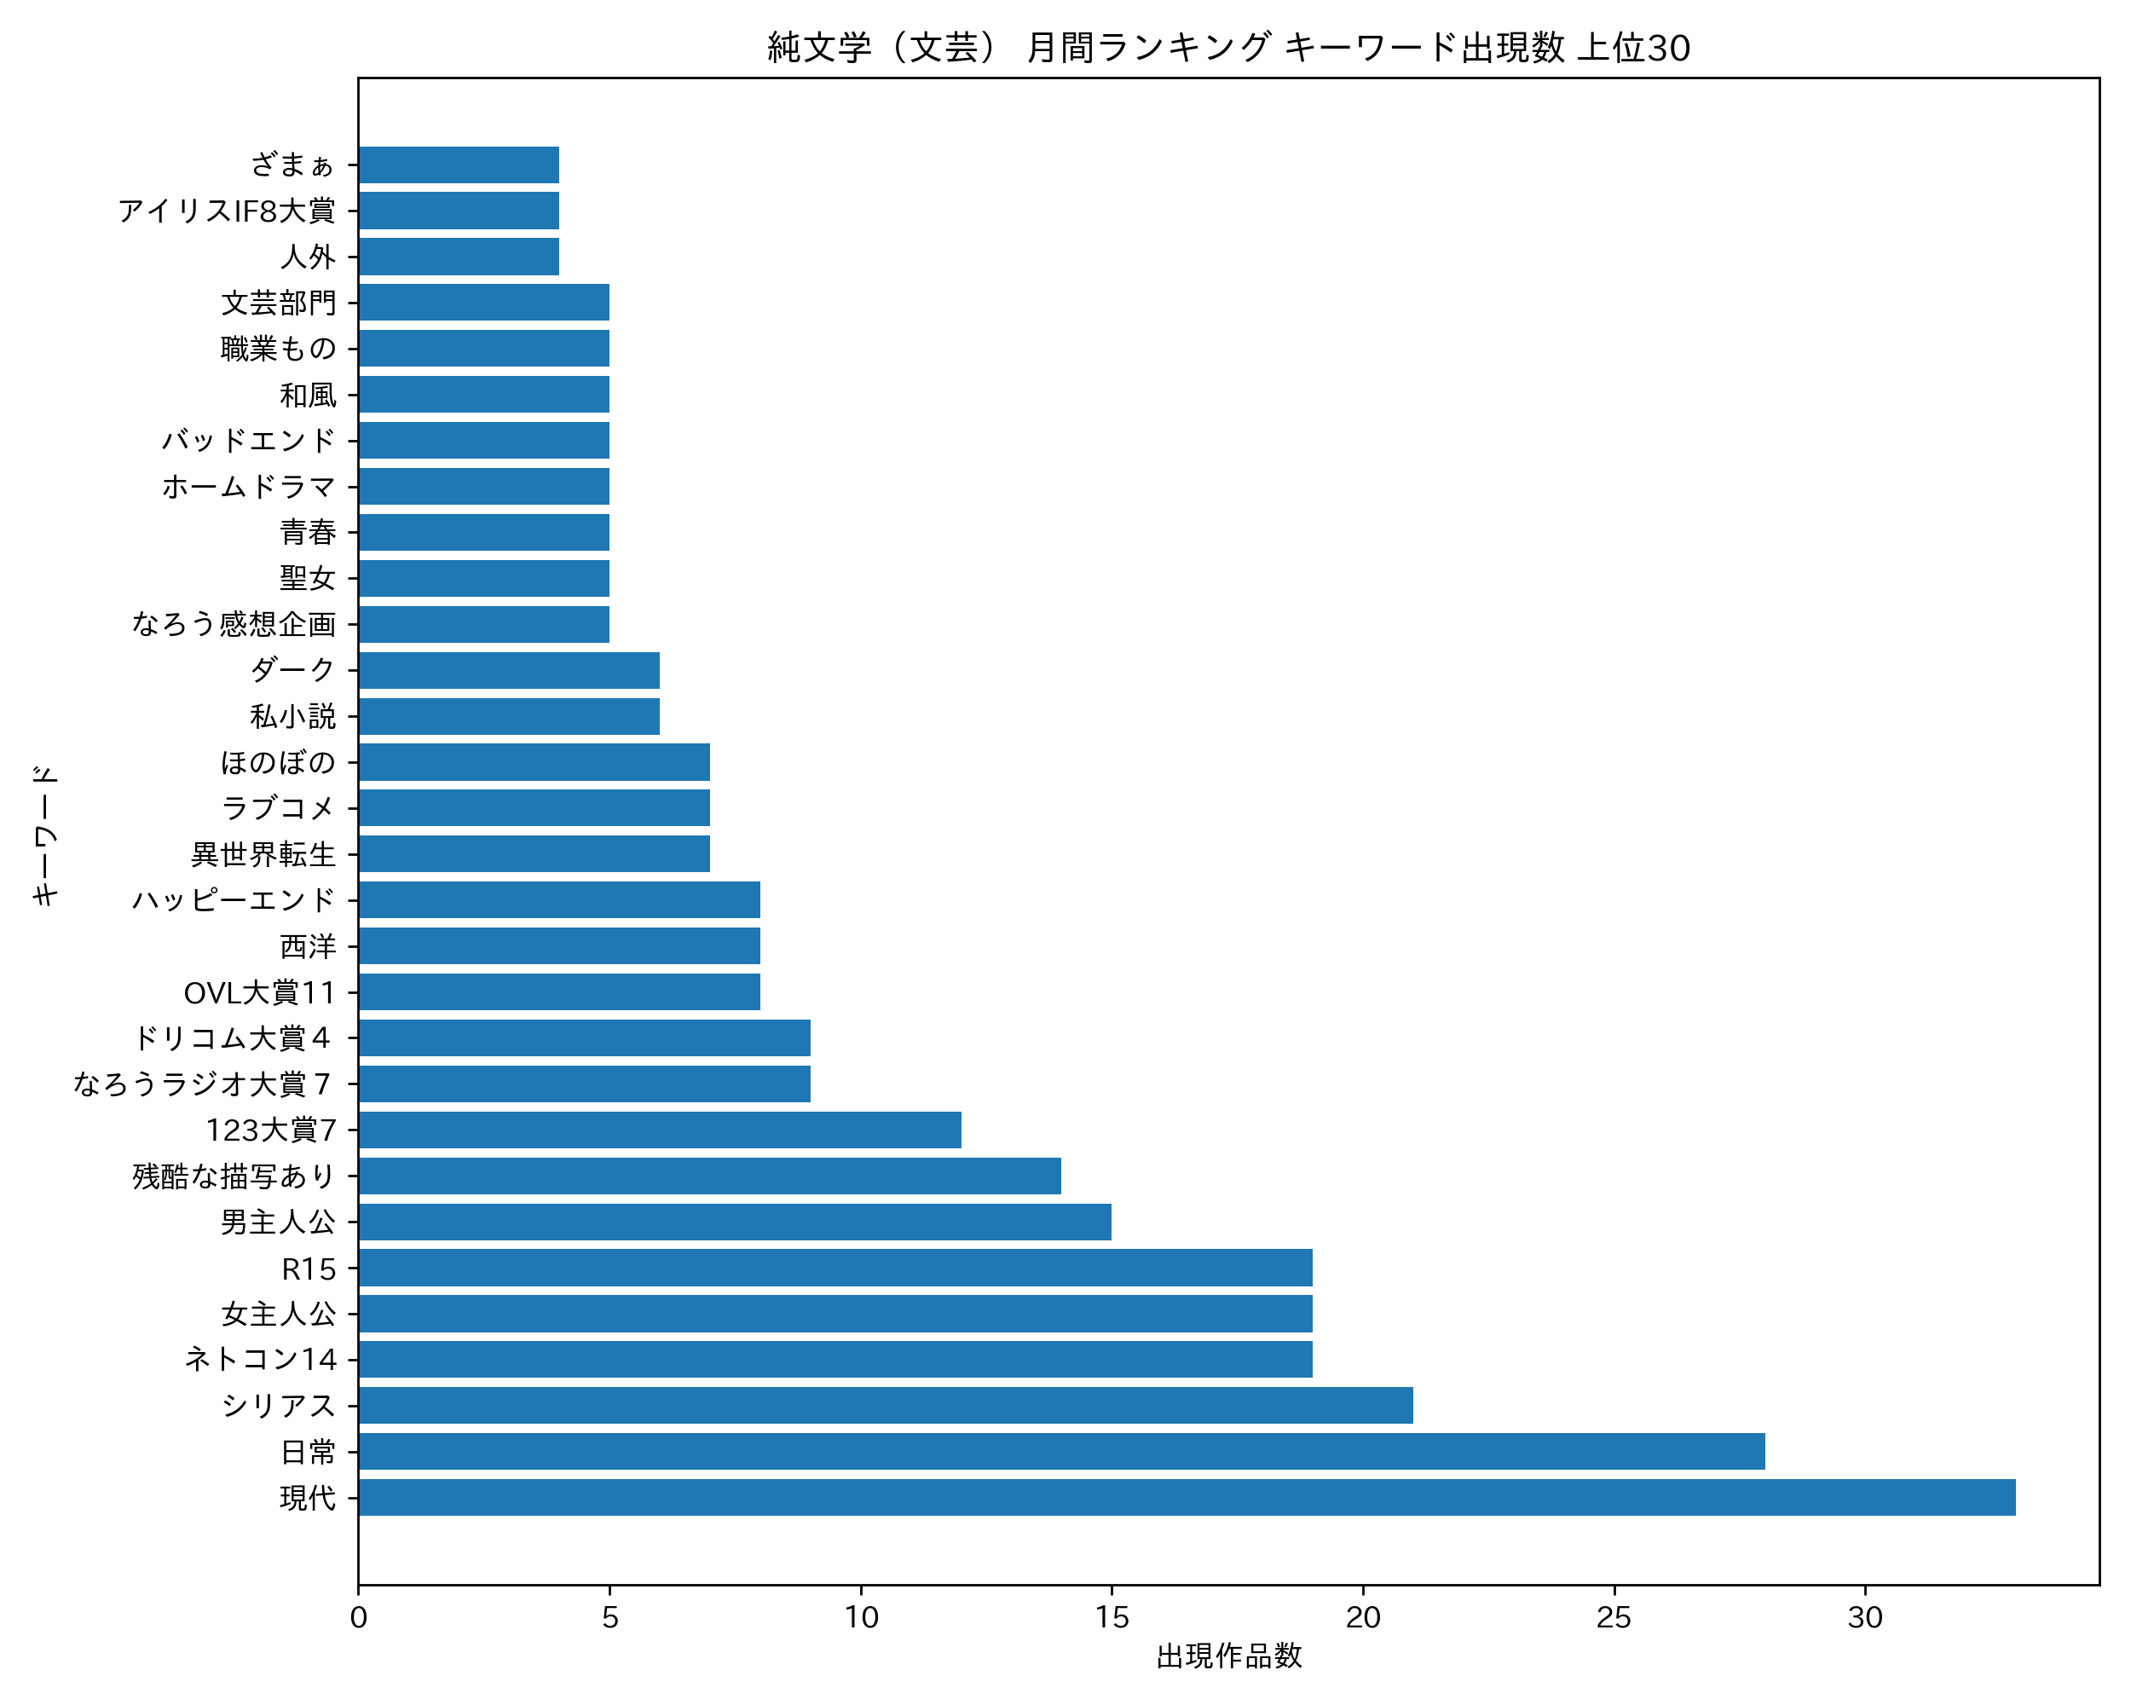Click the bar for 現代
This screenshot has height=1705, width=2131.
tap(1186, 1498)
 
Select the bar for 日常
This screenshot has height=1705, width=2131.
tap(1060, 1451)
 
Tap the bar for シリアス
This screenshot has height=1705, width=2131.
tap(885, 1406)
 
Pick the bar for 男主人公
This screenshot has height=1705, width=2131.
tap(735, 1222)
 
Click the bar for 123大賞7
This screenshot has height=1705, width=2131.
tap(659, 1130)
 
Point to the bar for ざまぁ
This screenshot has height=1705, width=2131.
tap(459, 165)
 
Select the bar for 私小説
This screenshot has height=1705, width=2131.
tap(509, 717)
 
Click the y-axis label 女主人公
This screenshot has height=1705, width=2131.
tap(279, 1314)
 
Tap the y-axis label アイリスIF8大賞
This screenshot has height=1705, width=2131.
tap(227, 211)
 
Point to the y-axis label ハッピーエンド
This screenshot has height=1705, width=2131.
tap(234, 900)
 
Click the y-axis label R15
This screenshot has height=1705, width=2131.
tap(309, 1269)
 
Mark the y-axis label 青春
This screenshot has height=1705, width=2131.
tap(308, 533)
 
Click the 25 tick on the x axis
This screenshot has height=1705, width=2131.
tap(1614, 1618)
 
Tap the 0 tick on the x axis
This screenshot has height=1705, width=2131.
tap(358, 1618)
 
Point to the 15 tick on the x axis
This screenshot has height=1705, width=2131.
tap(1111, 1618)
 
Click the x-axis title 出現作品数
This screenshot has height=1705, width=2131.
tap(1228, 1656)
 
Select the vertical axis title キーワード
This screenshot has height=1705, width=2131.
tap(45, 835)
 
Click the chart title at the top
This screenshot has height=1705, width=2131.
tap(1228, 48)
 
